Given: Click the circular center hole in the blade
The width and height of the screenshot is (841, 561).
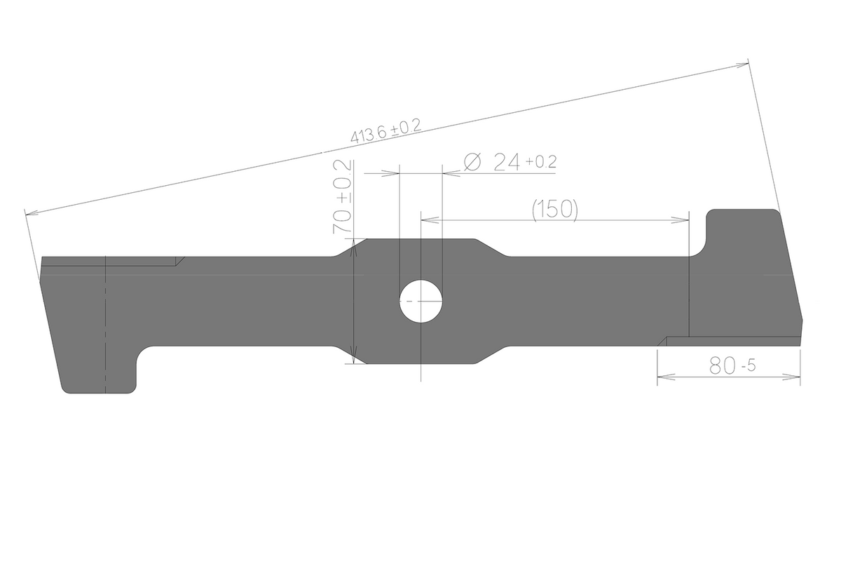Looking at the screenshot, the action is (x=421, y=301).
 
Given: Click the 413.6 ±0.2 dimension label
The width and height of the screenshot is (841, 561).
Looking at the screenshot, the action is (x=385, y=130).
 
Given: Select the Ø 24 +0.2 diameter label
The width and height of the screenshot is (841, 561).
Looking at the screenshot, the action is (x=510, y=162).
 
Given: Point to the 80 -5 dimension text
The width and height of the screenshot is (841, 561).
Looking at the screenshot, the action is (x=732, y=365).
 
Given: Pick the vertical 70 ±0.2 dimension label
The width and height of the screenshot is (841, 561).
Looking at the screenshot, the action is (x=343, y=196).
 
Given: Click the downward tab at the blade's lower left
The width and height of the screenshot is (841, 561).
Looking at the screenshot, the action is (x=98, y=370).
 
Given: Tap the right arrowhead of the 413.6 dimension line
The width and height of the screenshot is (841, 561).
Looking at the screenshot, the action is (x=740, y=65).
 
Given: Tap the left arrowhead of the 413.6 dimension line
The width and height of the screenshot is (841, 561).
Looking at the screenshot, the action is (x=33, y=213).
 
